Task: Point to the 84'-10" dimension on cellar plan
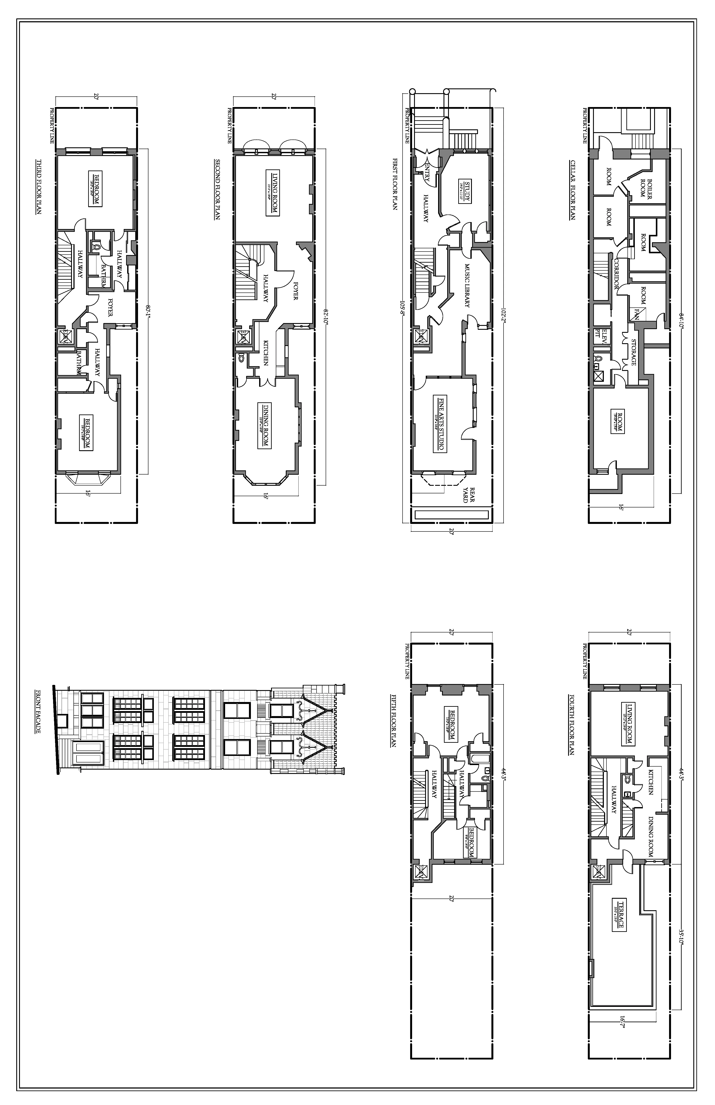[x=681, y=320]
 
